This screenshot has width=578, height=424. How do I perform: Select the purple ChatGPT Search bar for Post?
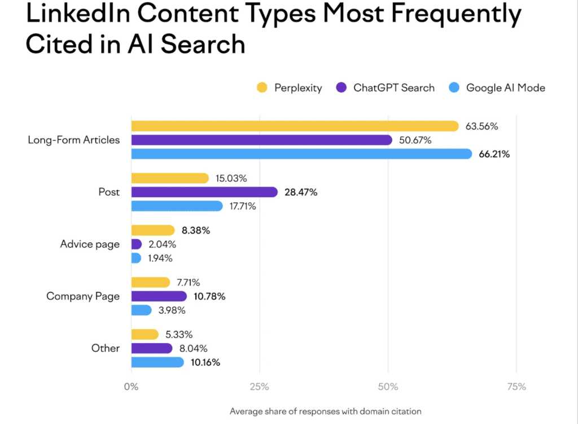204,192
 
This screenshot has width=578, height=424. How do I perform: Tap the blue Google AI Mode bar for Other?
157,362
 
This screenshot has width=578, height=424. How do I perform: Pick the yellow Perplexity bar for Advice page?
153,230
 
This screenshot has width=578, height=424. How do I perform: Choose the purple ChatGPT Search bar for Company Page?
159,296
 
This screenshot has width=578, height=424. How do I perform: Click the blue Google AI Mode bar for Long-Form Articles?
301,154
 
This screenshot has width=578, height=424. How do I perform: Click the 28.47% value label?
301,193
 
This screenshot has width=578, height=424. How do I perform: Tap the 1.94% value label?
160,258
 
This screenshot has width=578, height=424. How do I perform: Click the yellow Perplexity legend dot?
262,88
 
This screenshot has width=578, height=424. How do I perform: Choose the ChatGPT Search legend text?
394,88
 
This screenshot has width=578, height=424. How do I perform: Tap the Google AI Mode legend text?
506,88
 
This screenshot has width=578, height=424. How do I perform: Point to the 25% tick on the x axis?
259,387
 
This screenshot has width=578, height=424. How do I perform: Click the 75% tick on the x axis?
516,387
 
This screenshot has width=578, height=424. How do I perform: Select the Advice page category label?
90,244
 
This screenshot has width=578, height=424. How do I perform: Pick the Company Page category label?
83,296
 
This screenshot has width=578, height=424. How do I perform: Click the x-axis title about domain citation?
326,411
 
